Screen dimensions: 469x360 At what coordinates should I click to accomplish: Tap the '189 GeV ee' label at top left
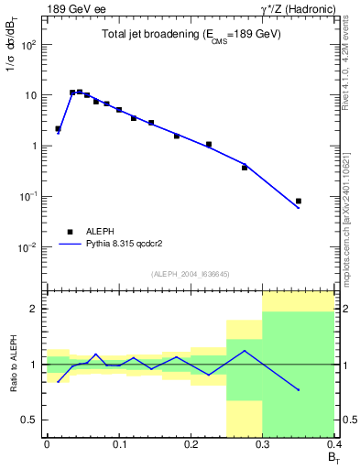click(71, 8)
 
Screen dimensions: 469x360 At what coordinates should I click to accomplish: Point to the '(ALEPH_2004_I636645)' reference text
click(191, 274)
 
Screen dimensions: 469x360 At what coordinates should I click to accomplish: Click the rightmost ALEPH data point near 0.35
click(299, 201)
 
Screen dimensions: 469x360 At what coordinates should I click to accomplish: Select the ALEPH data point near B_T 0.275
click(245, 168)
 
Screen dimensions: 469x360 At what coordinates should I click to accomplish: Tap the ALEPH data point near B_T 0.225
click(209, 144)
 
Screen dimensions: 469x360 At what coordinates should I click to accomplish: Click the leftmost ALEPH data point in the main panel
click(58, 129)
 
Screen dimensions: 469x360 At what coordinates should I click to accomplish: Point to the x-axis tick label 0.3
click(262, 444)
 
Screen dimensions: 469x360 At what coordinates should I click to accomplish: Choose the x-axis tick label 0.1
click(118, 444)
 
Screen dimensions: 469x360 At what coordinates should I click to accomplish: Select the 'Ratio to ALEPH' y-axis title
click(13, 365)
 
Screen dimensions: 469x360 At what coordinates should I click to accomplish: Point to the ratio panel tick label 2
click(35, 310)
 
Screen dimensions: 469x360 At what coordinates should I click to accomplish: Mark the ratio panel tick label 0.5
click(31, 420)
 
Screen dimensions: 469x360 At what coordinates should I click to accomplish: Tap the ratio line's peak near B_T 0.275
click(245, 351)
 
